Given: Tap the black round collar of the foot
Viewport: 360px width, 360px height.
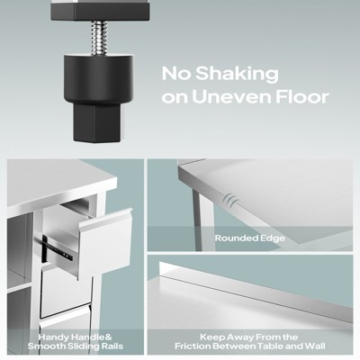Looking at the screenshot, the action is pos(99,79).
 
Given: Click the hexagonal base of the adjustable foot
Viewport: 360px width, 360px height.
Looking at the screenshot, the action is pos(98,122).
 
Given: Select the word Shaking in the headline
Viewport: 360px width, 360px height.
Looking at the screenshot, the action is pos(237,74).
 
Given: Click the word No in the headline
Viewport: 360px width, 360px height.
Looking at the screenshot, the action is pos(176,74).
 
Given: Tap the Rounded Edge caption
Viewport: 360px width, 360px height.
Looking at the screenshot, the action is pos(250,238).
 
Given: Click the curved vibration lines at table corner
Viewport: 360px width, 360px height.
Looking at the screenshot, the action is pos(230,199).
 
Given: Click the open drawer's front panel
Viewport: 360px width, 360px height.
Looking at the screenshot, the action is pos(105,244).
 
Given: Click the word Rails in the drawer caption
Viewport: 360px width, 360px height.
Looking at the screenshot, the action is pos(111,346).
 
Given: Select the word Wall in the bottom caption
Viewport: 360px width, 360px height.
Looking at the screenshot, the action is pos(315,346).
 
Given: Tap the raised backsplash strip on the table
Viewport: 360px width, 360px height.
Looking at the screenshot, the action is pos(256,291).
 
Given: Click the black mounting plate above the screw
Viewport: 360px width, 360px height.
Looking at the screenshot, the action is pos(100,10).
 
